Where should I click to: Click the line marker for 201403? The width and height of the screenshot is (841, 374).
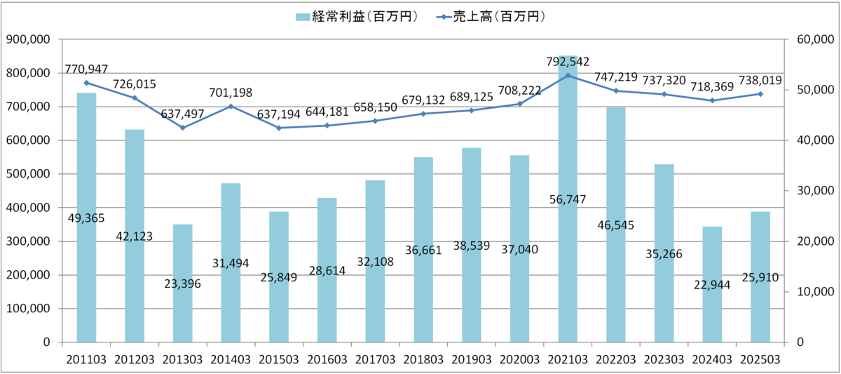231,106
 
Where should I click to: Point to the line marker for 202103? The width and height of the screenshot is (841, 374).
568,75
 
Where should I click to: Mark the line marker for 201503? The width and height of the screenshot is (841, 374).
279,128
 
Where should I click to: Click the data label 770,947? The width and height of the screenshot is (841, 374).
86,69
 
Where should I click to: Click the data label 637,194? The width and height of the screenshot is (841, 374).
278,114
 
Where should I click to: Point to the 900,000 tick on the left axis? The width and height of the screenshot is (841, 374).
27,40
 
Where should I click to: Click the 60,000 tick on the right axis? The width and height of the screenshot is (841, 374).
813,40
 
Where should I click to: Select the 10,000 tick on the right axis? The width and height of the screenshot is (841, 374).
813,292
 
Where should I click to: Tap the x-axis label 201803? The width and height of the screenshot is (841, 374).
423,359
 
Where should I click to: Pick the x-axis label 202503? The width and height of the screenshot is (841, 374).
760,359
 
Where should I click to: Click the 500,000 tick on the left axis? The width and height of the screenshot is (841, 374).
27,174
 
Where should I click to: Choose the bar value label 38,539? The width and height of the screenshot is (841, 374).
471,248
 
